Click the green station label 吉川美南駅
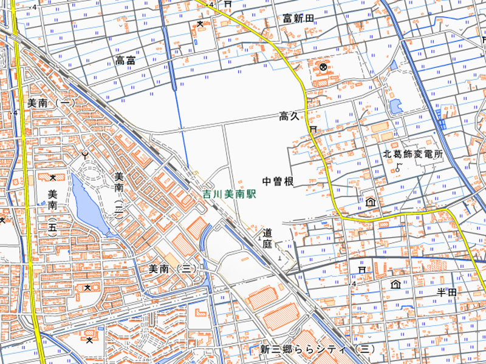[x=230, y=195]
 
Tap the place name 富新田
[x=298, y=19]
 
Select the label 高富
[x=125, y=59]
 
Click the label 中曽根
[x=278, y=181]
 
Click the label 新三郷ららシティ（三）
[x=318, y=349]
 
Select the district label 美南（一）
[x=51, y=104]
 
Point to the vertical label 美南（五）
[x=53, y=212]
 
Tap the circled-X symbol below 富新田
[x=323, y=67]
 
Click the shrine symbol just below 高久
[x=313, y=130]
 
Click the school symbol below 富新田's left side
[x=200, y=24]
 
